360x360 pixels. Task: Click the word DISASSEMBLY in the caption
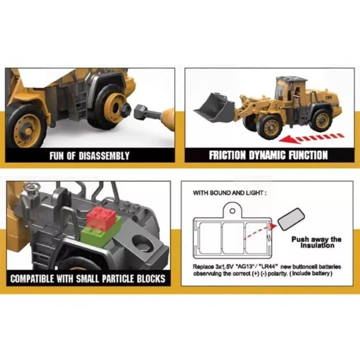104,156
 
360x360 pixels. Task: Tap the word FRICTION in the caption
227,155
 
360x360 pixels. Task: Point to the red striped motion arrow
312,138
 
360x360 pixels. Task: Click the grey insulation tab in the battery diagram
291,219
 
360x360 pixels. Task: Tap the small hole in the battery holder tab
232,211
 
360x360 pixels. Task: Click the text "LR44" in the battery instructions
268,266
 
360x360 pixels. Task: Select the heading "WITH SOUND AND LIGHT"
229,193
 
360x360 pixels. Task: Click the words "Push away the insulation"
316,242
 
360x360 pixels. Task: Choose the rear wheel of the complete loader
321,120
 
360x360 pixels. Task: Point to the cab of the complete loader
290,90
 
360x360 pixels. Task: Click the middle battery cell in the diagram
233,238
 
